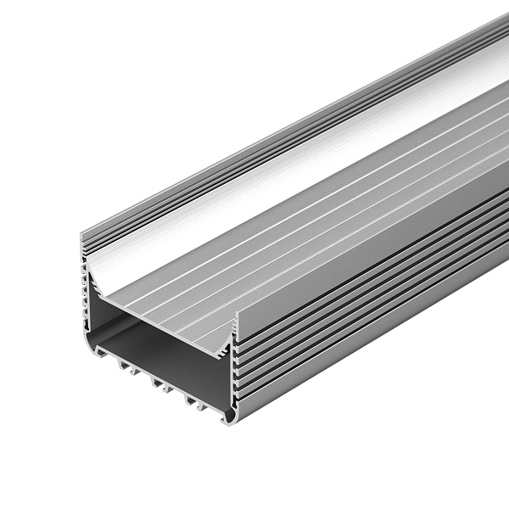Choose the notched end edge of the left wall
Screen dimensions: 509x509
point(87,288)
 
